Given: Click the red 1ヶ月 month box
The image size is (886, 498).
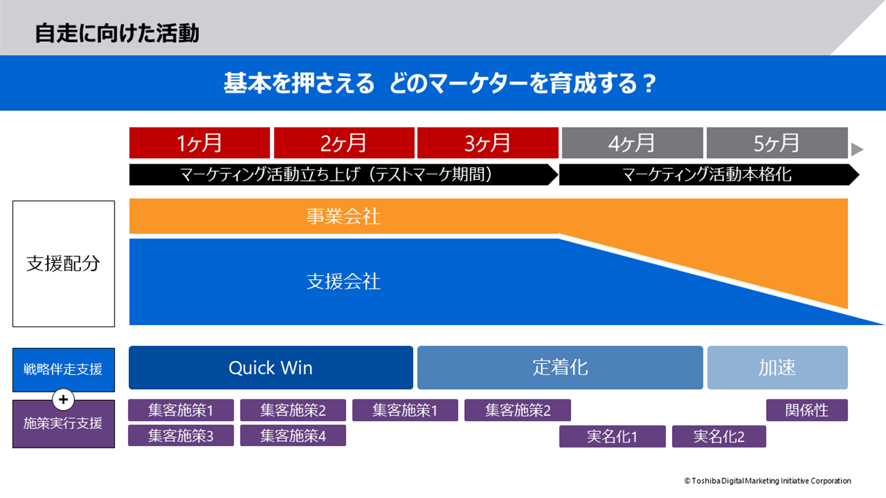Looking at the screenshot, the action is pyautogui.click(x=199, y=142).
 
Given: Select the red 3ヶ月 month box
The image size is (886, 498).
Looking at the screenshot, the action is pyautogui.click(x=488, y=142).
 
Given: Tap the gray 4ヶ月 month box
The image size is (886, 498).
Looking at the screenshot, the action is pyautogui.click(x=632, y=142).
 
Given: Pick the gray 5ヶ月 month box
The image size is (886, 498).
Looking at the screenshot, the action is pyautogui.click(x=777, y=142).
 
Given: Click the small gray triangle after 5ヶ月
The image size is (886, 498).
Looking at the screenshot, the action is pyautogui.click(x=856, y=149).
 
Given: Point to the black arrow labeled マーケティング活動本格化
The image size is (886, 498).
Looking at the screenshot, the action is pyautogui.click(x=709, y=174).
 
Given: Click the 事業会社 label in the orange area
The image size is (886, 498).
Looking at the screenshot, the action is pyautogui.click(x=343, y=216).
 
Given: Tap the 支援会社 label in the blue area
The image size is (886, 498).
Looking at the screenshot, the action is pyautogui.click(x=343, y=281).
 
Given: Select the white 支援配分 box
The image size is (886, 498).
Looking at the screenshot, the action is pyautogui.click(x=63, y=264).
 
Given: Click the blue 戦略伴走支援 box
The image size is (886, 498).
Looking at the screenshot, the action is pyautogui.click(x=63, y=369).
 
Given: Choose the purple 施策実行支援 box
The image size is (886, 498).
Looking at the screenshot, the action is pyautogui.click(x=63, y=424).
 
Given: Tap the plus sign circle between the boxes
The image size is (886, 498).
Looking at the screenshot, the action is pyautogui.click(x=63, y=400).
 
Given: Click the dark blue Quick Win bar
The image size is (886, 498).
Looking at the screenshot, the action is pyautogui.click(x=271, y=368).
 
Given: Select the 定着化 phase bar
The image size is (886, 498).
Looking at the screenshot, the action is pyautogui.click(x=560, y=368).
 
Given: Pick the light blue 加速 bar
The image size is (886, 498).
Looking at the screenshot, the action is pyautogui.click(x=777, y=368).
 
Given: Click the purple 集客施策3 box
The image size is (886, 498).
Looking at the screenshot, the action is pyautogui.click(x=181, y=435).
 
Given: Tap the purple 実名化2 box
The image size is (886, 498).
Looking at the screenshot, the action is pyautogui.click(x=719, y=436).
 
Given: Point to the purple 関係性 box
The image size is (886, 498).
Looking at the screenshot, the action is pyautogui.click(x=807, y=410).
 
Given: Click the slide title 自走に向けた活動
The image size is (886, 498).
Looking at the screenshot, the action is pyautogui.click(x=117, y=33).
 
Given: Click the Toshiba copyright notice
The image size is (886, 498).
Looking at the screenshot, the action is pyautogui.click(x=767, y=480).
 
